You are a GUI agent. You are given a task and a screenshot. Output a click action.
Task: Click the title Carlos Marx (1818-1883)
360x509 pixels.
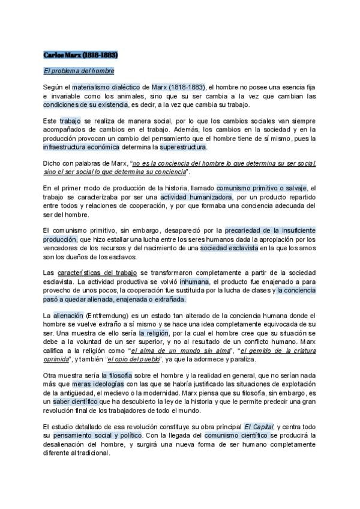(80, 55)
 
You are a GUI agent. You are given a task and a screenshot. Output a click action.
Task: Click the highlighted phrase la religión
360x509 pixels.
(154, 332)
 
